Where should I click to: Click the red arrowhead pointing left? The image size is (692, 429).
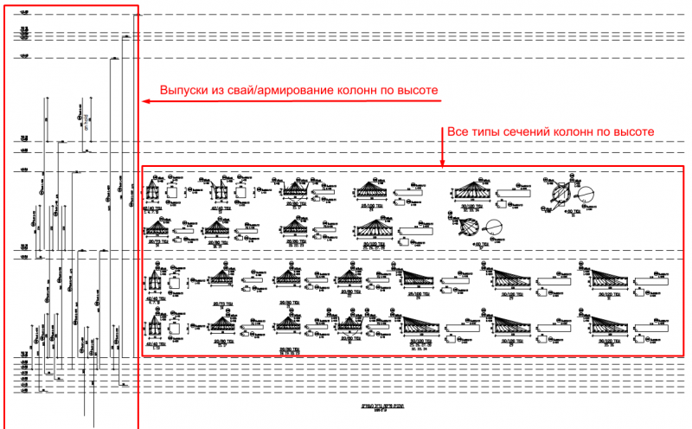tap(144, 101)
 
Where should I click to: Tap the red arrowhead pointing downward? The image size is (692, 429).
tap(443, 163)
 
